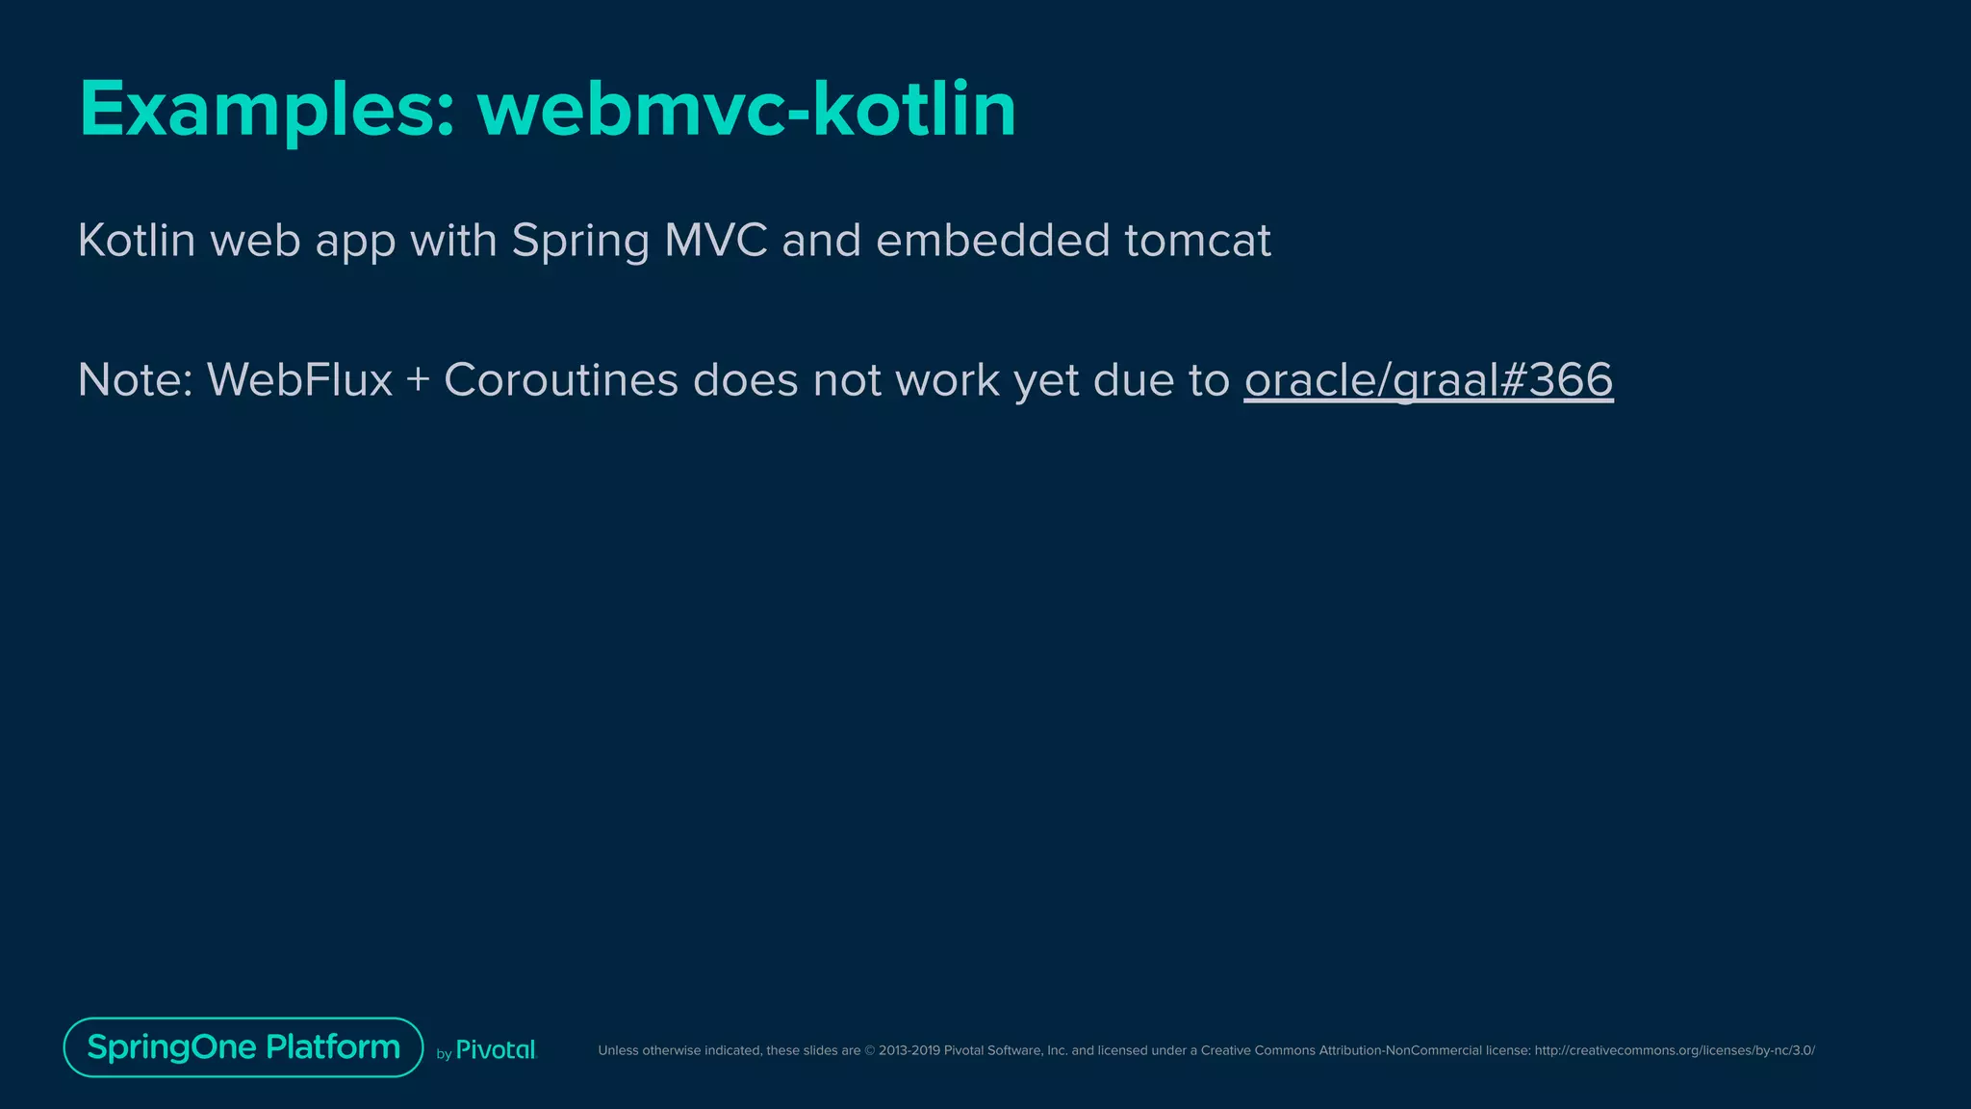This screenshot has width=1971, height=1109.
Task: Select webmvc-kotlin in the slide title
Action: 747,110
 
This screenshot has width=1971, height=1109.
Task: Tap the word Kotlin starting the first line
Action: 137,240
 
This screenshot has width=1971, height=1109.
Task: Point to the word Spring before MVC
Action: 580,241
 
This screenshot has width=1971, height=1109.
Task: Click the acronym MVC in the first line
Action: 716,240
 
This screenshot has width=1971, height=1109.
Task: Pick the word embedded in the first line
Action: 992,240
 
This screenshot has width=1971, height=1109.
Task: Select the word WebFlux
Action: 299,379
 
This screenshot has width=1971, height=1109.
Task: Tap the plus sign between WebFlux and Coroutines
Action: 418,380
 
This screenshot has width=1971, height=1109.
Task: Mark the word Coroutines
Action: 561,379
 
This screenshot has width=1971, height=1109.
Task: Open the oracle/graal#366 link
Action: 1428,379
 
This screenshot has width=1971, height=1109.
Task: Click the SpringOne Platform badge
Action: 243,1047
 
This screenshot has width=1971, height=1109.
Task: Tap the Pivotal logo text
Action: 496,1050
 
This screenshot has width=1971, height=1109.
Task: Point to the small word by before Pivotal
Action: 444,1054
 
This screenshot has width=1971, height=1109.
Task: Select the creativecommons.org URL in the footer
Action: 1675,1050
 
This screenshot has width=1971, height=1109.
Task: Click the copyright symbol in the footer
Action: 870,1050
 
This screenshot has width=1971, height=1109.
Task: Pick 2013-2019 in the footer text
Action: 909,1050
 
